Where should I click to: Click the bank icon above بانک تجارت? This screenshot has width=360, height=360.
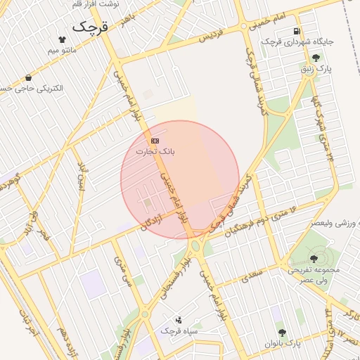click(x=155, y=141)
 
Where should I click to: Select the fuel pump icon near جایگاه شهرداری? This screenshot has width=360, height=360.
click(x=297, y=31)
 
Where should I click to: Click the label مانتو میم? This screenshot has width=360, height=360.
click(x=62, y=51)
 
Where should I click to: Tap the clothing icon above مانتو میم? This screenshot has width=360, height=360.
click(x=62, y=39)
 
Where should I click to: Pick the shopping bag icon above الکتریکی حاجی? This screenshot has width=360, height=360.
click(x=28, y=77)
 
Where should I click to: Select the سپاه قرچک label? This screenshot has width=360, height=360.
click(x=179, y=330)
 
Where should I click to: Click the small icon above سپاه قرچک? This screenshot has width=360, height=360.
click(x=179, y=320)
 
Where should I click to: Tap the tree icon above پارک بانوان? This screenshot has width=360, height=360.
click(x=283, y=333)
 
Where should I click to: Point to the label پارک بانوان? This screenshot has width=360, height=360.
click(x=283, y=343)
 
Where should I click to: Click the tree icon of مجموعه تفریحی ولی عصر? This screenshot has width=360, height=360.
click(x=314, y=259)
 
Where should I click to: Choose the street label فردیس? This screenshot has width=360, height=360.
click(x=214, y=35)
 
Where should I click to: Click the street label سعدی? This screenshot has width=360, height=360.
click(x=251, y=275)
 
